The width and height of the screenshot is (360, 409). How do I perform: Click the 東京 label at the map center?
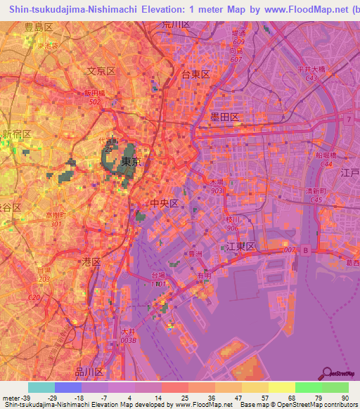tap(131, 162)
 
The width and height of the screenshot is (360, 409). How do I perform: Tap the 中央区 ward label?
tap(165, 203)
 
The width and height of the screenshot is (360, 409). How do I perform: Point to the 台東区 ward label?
tap(196, 74)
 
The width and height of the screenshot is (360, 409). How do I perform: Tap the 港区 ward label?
tap(92, 261)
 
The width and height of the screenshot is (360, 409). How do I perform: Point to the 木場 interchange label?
tap(214, 182)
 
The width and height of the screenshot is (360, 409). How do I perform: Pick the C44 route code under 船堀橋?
tap(326, 163)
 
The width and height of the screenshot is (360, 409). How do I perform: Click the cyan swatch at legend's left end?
tap(41, 387)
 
